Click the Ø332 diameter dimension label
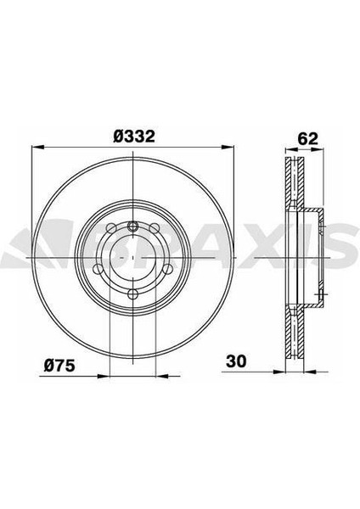click(x=134, y=137)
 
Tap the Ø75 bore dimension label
click(x=59, y=366)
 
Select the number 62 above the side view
click(x=307, y=139)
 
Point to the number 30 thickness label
click(x=236, y=361)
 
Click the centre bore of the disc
click(x=132, y=257)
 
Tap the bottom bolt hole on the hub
click(x=132, y=294)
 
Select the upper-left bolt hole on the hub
click(x=111, y=228)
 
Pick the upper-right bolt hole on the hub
click(x=154, y=228)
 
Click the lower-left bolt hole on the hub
click(x=98, y=269)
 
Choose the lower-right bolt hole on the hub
click(x=167, y=269)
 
